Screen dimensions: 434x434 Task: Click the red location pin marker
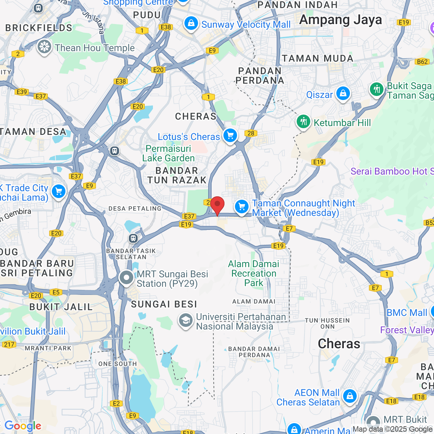click(x=217, y=205)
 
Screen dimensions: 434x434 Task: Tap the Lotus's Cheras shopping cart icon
click(x=230, y=136)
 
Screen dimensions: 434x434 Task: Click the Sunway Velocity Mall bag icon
click(x=191, y=24)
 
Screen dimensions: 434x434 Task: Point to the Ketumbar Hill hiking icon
click(x=303, y=122)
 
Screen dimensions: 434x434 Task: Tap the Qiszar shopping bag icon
click(x=343, y=94)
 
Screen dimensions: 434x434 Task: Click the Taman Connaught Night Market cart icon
click(x=242, y=206)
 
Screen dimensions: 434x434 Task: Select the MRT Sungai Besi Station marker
click(x=126, y=278)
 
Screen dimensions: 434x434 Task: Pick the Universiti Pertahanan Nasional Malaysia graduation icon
click(x=185, y=320)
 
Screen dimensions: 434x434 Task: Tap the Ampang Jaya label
click(x=340, y=20)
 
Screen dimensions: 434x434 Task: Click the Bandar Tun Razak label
click(x=177, y=175)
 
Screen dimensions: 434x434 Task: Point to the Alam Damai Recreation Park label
click(x=254, y=273)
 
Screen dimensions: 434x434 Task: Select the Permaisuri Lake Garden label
click(x=169, y=153)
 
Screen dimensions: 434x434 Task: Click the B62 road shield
click(x=422, y=62)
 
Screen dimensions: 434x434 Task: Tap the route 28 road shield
click(x=251, y=133)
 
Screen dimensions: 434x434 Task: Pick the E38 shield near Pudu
click(x=166, y=27)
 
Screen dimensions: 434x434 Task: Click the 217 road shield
click(x=9, y=344)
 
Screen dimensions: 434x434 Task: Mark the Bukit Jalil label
click(x=61, y=307)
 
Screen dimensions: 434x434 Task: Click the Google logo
click(x=23, y=426)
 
